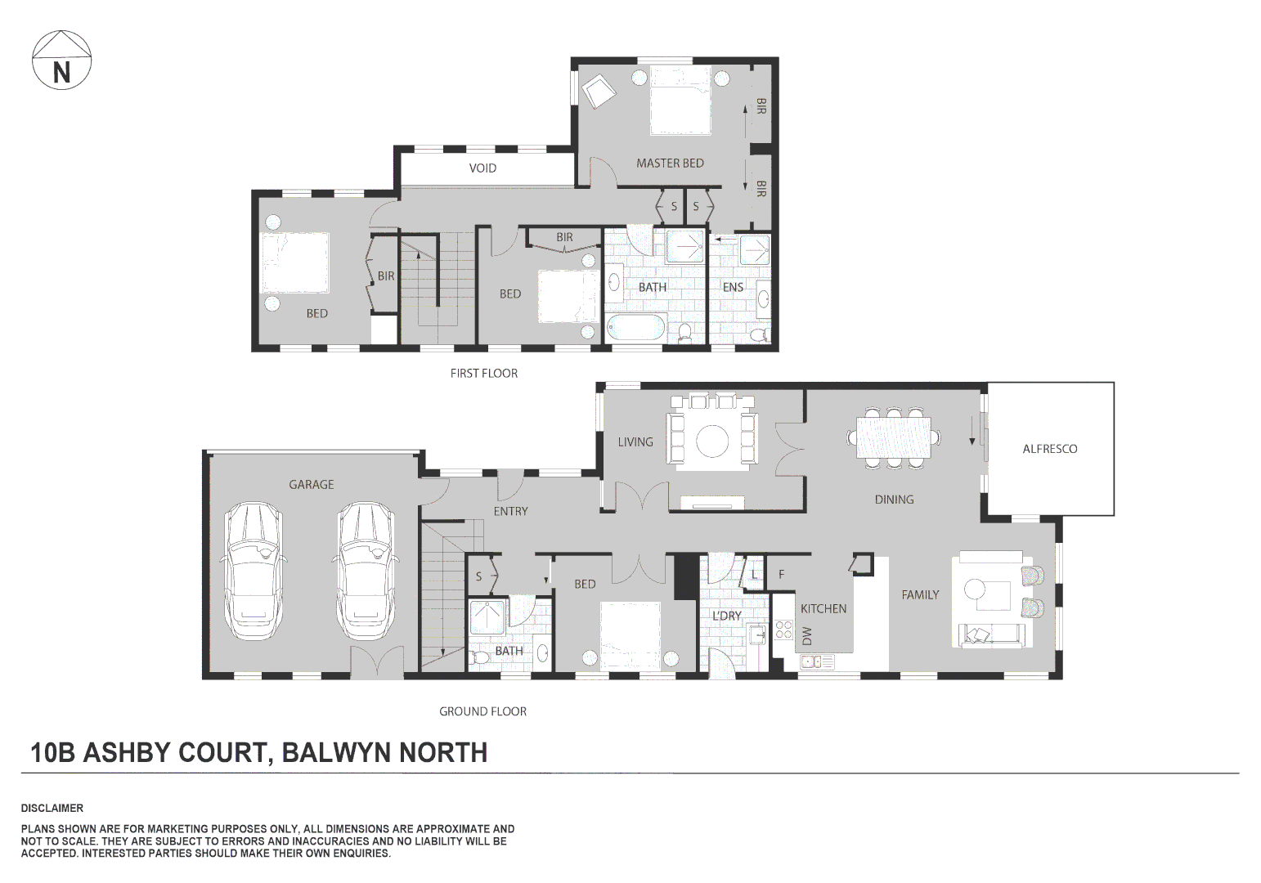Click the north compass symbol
(x=61, y=61)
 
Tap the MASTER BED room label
(x=670, y=164)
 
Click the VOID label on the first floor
(x=482, y=168)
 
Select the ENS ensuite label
(x=733, y=287)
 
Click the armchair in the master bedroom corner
(x=599, y=90)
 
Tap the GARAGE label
(x=311, y=485)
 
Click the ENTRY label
(x=510, y=512)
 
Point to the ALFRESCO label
(x=1049, y=449)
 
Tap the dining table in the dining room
(x=893, y=437)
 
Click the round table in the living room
(x=712, y=441)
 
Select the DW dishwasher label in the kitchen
(x=807, y=635)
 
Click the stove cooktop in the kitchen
(x=783, y=629)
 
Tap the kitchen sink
(x=816, y=661)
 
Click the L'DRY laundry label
(x=726, y=616)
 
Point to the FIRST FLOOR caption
(x=483, y=374)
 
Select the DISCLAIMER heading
(x=52, y=808)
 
